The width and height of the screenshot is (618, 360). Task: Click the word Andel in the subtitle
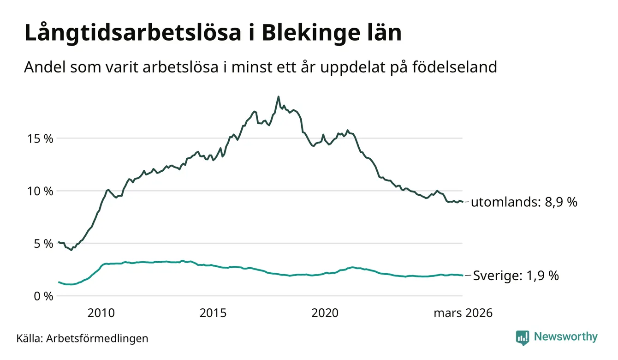coord(45,67)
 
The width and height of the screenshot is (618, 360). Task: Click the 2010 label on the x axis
coord(101,313)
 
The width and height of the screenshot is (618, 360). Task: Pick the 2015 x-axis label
coord(213,313)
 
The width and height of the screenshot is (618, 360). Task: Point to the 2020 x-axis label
coord(325,313)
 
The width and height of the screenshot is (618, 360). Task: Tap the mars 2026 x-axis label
coord(463,313)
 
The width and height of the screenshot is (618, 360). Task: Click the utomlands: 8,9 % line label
coord(524,202)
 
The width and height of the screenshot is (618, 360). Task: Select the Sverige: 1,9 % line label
coord(517,276)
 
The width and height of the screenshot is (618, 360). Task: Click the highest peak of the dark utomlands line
coord(278,96)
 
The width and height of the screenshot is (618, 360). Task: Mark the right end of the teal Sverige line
coord(463,276)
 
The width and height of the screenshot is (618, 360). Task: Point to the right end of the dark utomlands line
coord(463,202)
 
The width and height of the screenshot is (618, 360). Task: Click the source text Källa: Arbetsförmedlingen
coord(82,338)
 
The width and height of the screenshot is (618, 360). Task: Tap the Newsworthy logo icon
coord(523,337)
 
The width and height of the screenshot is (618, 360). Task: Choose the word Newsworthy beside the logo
coord(565,337)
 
